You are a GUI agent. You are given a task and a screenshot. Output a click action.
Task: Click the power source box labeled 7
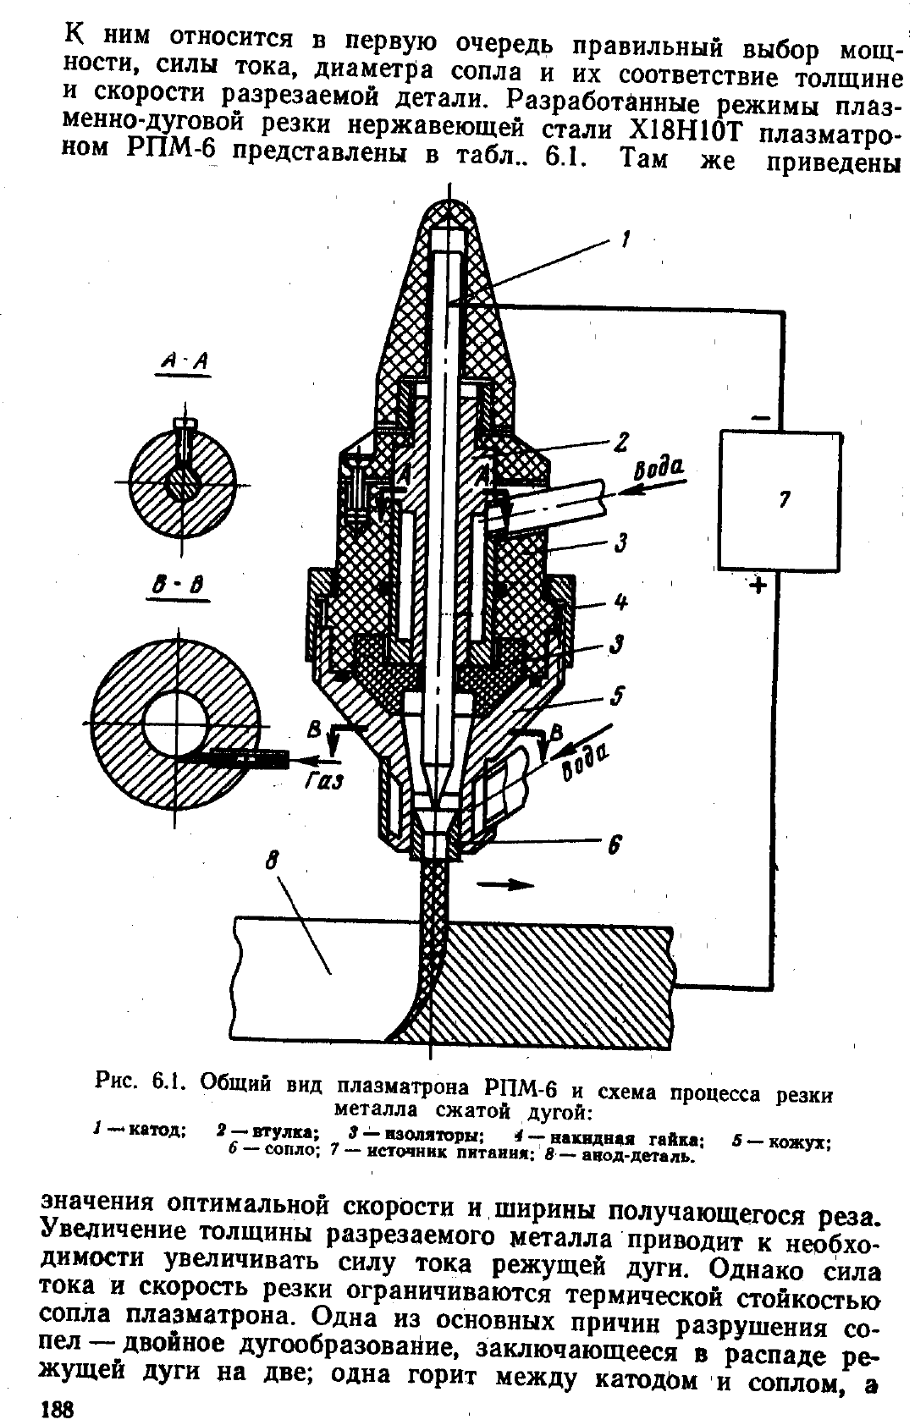pos(780,501)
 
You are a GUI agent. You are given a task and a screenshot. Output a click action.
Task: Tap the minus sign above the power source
pos(760,417)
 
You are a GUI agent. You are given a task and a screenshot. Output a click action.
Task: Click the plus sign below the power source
pos(758,586)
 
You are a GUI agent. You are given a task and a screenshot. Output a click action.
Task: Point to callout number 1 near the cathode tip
pos(626,239)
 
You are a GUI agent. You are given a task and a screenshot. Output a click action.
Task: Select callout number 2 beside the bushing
pos(621,442)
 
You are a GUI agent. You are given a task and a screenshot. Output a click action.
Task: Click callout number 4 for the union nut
pos(621,601)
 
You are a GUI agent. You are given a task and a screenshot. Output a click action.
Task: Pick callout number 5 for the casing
pos(616,696)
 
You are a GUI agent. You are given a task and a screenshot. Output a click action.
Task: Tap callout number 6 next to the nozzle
pos(614,845)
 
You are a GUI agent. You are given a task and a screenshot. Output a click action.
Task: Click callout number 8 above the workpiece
pos(273,863)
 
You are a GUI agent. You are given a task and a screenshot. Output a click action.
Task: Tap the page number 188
pos(58,1409)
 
